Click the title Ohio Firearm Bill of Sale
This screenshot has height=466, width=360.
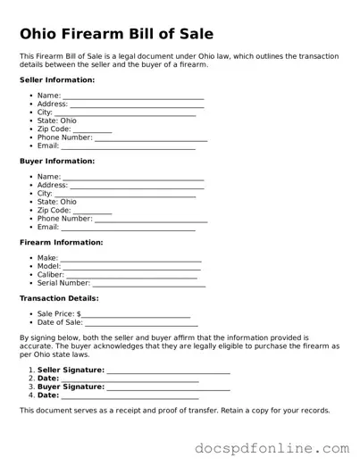[x=117, y=35]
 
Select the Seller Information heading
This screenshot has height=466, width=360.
[x=57, y=79]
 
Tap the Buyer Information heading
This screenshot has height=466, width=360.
[x=57, y=161]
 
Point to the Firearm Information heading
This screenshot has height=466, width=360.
[x=62, y=242]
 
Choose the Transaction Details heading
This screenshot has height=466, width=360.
[x=59, y=297]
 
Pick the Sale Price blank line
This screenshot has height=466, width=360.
[x=136, y=315]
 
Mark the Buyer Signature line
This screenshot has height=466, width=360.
[x=168, y=387]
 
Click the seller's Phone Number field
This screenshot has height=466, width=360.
[x=151, y=138]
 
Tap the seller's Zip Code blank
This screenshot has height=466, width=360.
[x=92, y=129]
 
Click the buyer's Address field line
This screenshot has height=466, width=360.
[x=137, y=186]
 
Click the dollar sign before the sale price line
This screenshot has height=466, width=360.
[x=79, y=314]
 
